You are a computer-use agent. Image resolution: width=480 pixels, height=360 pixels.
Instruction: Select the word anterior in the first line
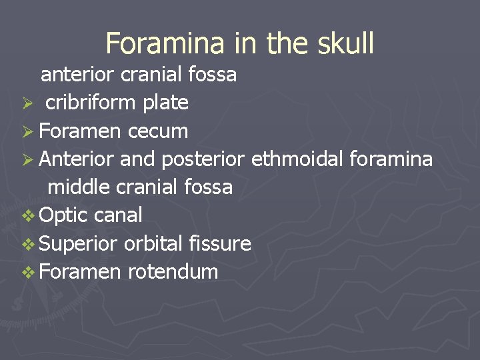(x=78, y=74)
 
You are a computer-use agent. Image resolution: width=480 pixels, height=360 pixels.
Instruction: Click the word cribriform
(x=91, y=103)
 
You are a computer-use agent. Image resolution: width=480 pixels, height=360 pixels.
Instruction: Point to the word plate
(x=165, y=103)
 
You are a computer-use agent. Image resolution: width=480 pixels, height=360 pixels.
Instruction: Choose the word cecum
(x=158, y=131)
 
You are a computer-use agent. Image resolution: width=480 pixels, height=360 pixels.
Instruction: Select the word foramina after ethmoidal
(x=390, y=159)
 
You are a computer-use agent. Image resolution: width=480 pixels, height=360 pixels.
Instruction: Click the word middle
(x=79, y=187)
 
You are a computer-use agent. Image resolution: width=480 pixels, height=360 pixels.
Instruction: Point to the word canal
(x=119, y=215)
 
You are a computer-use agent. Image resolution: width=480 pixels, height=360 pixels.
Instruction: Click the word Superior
(x=79, y=244)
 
